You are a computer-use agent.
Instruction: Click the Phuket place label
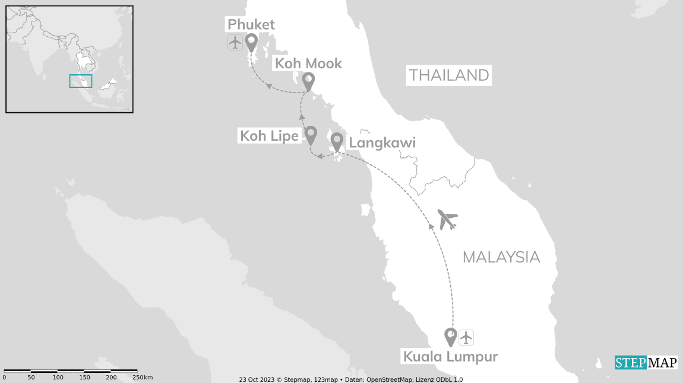(x=251, y=24)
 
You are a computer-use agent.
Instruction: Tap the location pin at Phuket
(x=251, y=42)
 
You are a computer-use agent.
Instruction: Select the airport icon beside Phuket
(x=235, y=43)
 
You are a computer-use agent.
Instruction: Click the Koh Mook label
(x=307, y=64)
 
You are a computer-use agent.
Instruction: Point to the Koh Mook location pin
(x=308, y=80)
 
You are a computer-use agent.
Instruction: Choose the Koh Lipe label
(x=269, y=136)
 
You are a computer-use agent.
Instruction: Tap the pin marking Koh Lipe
(x=310, y=134)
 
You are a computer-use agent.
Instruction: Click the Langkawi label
(x=382, y=143)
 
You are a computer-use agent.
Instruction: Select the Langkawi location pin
(x=337, y=141)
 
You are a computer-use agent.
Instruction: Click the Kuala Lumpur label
(x=450, y=357)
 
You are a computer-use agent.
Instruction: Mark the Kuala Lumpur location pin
(x=450, y=337)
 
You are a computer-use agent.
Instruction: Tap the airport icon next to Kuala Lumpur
(x=466, y=337)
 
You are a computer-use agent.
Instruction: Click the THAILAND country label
(x=449, y=75)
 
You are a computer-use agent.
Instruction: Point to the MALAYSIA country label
(x=501, y=257)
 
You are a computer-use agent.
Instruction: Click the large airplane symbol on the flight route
(x=447, y=219)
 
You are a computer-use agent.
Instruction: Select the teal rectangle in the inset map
(x=81, y=81)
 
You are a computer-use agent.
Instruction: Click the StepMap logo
(x=646, y=362)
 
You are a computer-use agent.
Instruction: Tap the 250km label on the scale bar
(x=143, y=378)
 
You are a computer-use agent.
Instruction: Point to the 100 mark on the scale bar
(x=58, y=378)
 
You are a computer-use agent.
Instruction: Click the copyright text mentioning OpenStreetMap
(x=350, y=379)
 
